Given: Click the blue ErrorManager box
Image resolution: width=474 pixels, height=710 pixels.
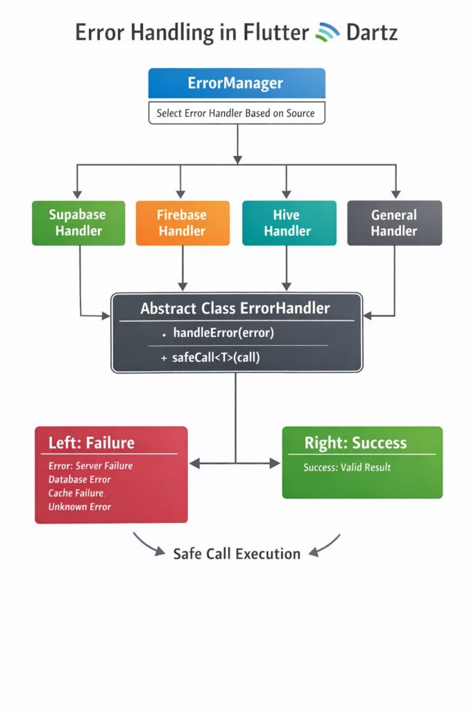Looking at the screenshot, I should click(237, 83).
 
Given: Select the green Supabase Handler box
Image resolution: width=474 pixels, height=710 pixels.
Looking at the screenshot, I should click(78, 223).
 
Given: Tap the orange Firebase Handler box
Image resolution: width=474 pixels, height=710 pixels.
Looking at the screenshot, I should click(183, 223).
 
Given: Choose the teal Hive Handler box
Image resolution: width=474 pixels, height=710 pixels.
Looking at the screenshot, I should click(288, 223).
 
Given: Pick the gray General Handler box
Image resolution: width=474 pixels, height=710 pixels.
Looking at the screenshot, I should click(394, 223).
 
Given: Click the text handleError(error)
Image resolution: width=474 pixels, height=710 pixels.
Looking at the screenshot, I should click(223, 334).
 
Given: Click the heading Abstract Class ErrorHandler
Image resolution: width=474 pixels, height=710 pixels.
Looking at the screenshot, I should click(235, 308).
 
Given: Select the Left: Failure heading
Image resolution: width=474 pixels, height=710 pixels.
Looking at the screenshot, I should click(92, 442).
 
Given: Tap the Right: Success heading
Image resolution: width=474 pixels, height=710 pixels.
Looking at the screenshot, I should click(355, 442).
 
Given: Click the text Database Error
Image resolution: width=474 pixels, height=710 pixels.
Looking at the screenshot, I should click(80, 479).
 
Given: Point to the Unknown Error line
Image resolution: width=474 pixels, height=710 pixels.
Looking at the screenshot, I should click(80, 507).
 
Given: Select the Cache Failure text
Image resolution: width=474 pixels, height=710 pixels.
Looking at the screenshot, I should click(76, 493).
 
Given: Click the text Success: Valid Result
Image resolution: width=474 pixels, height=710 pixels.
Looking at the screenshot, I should click(347, 467).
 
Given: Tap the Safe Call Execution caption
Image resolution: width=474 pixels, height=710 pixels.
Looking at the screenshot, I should click(237, 553).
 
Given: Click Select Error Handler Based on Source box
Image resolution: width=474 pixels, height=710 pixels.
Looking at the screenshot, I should click(237, 113).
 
